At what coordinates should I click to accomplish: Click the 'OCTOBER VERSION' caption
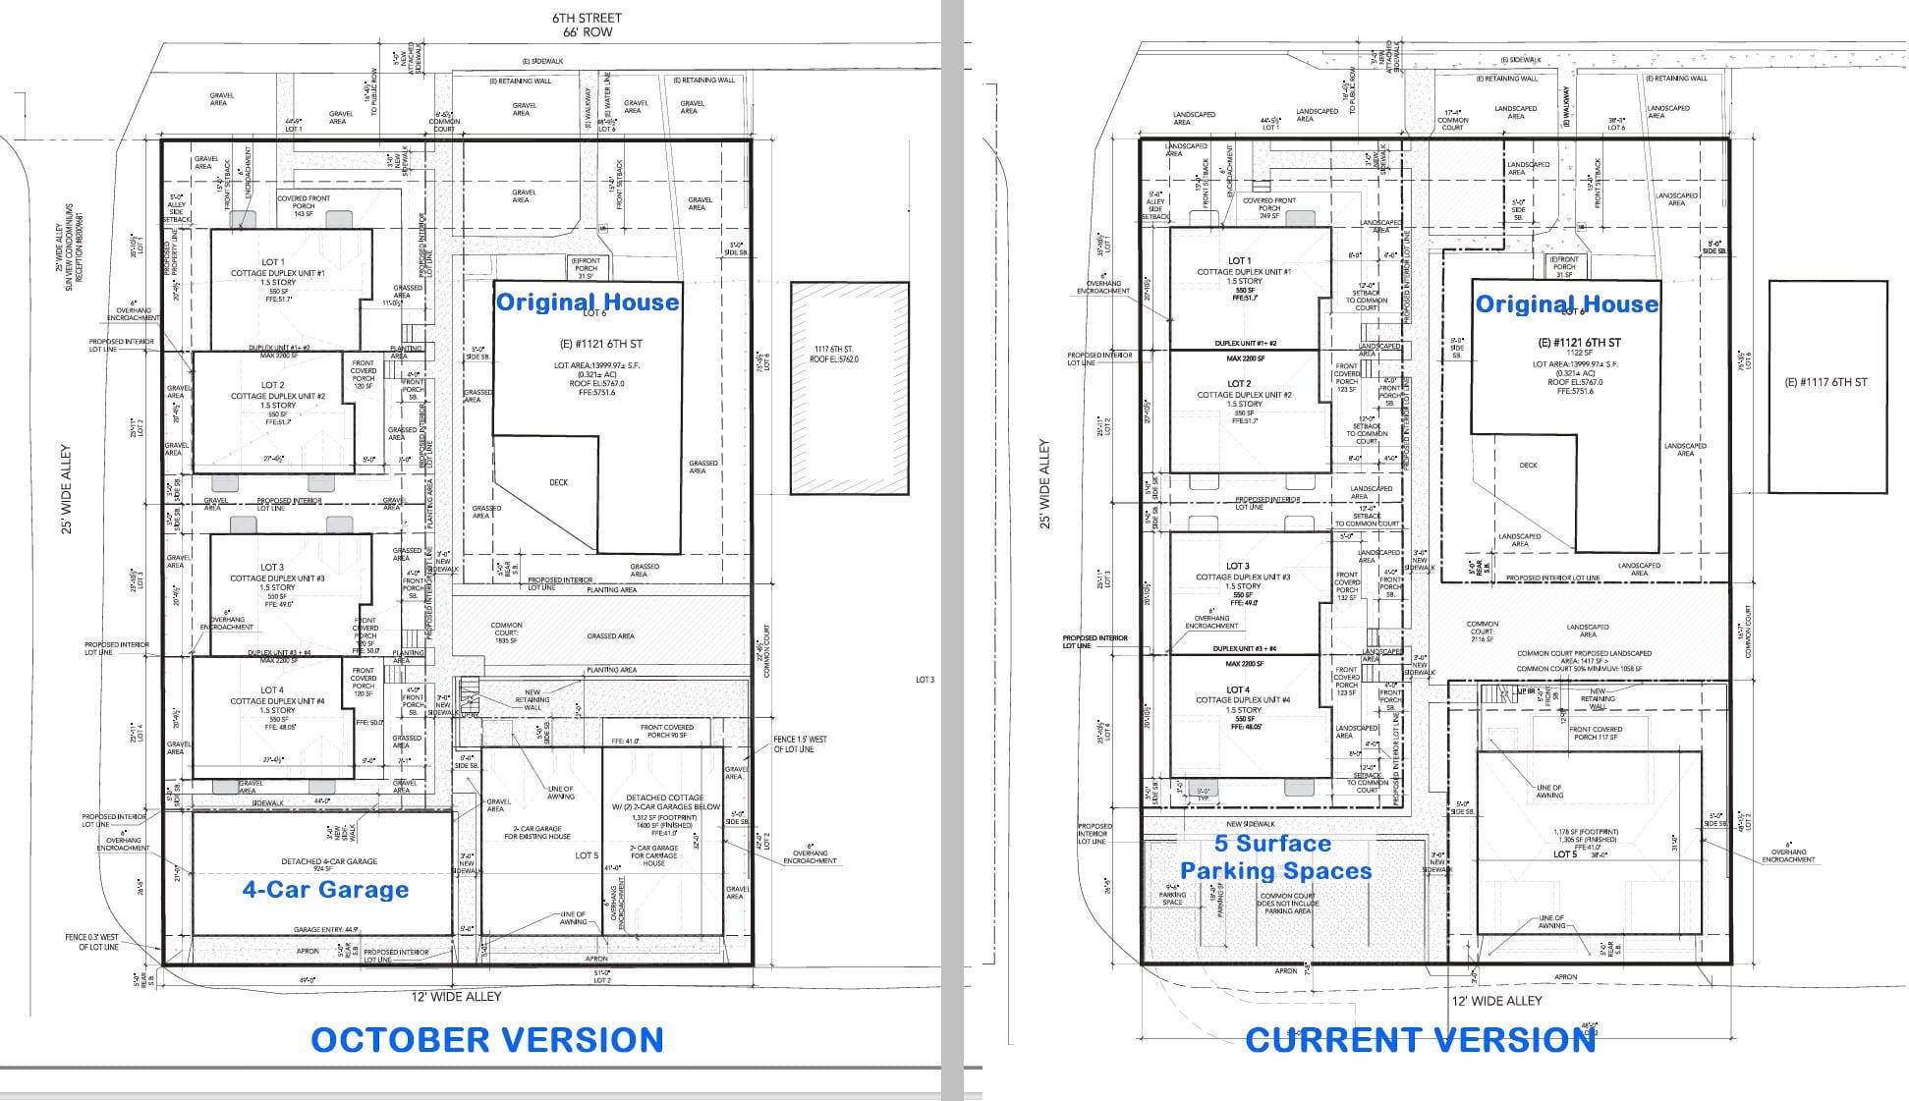(x=487, y=1040)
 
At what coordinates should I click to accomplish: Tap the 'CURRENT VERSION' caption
(x=1421, y=1040)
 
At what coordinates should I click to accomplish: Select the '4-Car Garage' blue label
(x=325, y=890)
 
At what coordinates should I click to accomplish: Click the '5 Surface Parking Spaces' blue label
(x=1275, y=857)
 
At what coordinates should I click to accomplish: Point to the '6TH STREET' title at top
(x=587, y=18)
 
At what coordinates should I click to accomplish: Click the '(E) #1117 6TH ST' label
(x=1825, y=382)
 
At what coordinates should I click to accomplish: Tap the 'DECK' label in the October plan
(x=558, y=482)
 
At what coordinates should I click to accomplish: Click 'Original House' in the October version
(x=588, y=302)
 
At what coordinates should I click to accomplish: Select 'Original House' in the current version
(x=1567, y=303)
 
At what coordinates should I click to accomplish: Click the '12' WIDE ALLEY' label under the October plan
(x=456, y=996)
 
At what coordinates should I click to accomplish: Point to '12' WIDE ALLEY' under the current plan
(x=1496, y=1001)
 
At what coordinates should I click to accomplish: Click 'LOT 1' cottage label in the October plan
(x=272, y=262)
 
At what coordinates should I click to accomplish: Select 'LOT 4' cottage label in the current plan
(x=1238, y=689)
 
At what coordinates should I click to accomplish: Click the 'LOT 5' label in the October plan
(x=587, y=855)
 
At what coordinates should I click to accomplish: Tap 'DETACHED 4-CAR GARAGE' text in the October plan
(x=329, y=861)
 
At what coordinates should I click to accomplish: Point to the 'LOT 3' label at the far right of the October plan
(x=925, y=680)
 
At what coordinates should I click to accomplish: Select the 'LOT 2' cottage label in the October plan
(x=272, y=385)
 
